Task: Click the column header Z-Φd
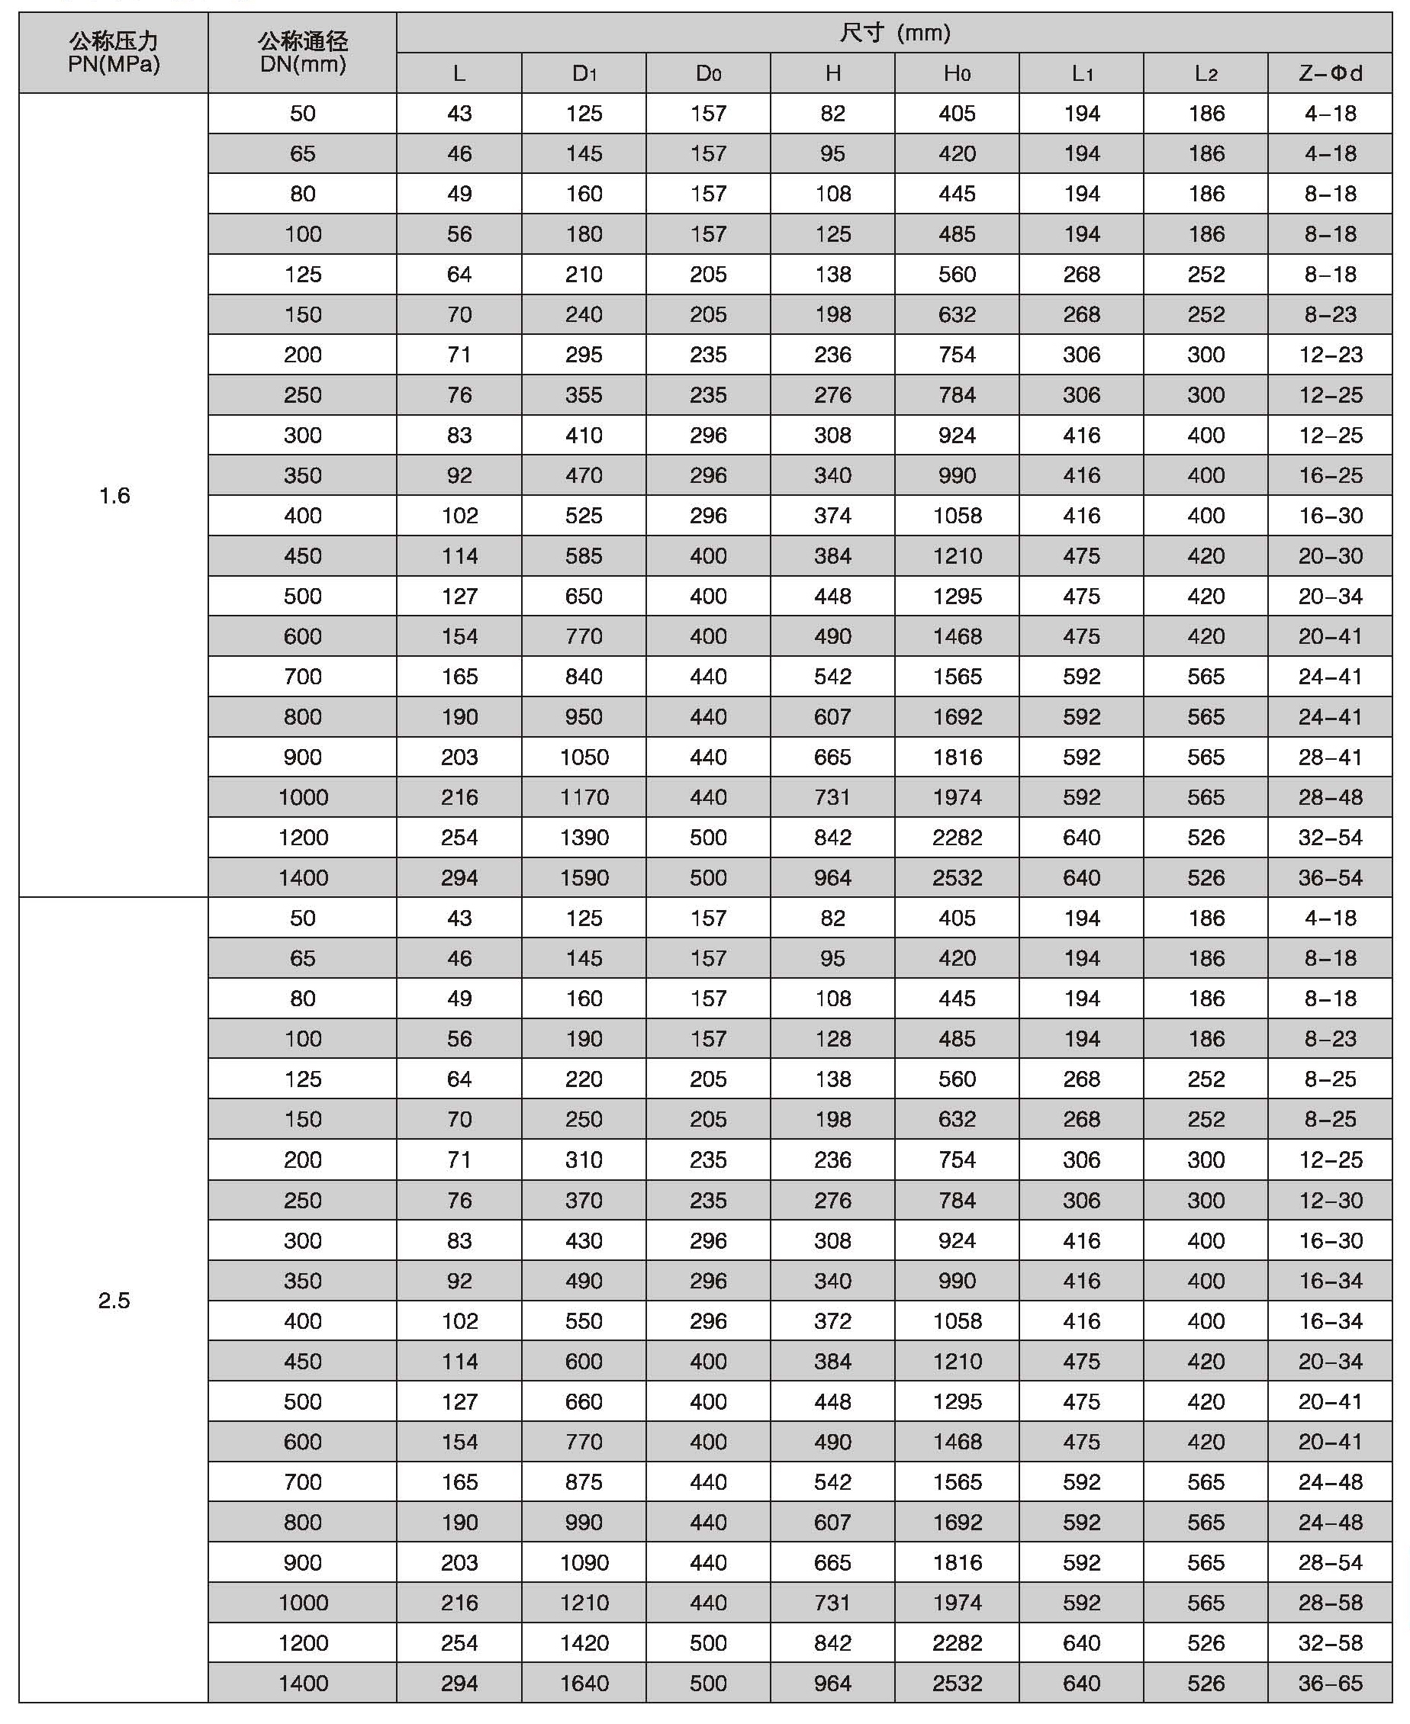[x=1330, y=73]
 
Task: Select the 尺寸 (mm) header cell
[x=894, y=34]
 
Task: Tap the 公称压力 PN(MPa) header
[x=114, y=53]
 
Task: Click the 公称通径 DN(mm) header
[x=302, y=53]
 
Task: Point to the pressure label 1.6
[x=114, y=495]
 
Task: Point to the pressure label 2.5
[x=114, y=1300]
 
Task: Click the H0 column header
[x=957, y=73]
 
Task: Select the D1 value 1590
[x=584, y=878]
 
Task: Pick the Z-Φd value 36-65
[x=1330, y=1684]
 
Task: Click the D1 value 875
[x=584, y=1482]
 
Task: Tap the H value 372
[x=832, y=1321]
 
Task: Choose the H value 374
[x=832, y=516]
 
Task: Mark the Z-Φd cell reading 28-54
[x=1330, y=1562]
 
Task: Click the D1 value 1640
[x=584, y=1684]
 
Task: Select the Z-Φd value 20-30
[x=1330, y=556]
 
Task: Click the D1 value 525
[x=584, y=516]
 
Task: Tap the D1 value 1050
[x=584, y=757]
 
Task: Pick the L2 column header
[x=1206, y=73]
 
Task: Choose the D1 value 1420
[x=584, y=1643]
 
